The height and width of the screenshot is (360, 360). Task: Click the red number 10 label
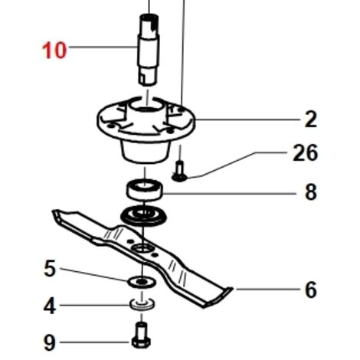[54, 51]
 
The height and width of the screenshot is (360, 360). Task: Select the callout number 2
[311, 119]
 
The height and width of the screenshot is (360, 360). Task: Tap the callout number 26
[305, 152]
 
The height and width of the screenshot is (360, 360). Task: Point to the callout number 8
[311, 192]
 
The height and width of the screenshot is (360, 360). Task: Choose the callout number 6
[311, 290]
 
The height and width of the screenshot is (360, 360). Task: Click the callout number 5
[50, 268]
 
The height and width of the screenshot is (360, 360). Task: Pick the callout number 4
[50, 306]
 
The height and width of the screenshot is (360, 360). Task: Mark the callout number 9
[50, 343]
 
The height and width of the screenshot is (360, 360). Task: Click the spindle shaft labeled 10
[149, 50]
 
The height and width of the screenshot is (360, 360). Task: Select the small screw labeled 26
[179, 171]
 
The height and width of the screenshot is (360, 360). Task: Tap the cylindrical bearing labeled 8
[145, 189]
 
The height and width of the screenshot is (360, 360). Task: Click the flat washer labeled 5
[142, 282]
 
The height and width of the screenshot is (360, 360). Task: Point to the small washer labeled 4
[142, 304]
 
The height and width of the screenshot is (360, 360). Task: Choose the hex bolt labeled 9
[141, 335]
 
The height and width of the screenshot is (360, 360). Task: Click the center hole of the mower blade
[142, 247]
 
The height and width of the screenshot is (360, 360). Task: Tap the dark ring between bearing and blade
[143, 216]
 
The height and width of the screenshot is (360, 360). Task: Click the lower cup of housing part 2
[146, 151]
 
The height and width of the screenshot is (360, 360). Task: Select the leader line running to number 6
[268, 290]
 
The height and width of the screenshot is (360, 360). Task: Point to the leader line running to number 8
[229, 194]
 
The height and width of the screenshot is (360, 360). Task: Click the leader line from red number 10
[103, 47]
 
